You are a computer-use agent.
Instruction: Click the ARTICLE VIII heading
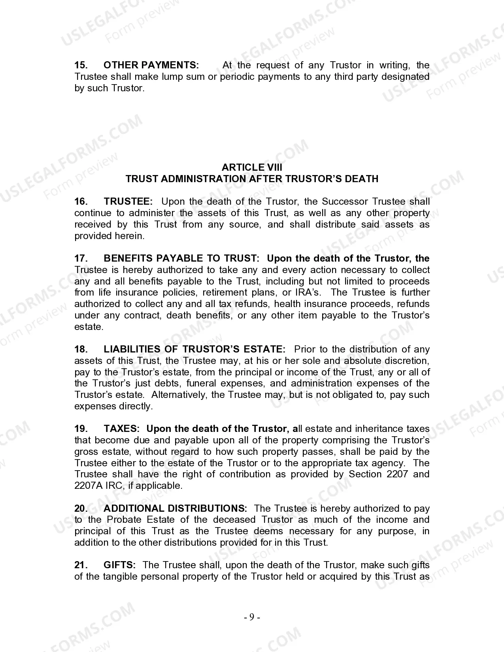click(252, 168)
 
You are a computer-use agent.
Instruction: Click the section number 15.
click(81, 65)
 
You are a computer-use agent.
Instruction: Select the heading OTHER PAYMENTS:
click(151, 65)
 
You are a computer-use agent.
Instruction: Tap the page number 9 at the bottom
click(252, 617)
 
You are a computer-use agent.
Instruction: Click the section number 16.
click(81, 202)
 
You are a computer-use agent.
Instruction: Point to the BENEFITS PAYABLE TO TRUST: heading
click(181, 258)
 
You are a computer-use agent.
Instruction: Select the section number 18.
click(81, 349)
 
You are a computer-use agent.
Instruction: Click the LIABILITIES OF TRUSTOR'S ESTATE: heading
click(194, 349)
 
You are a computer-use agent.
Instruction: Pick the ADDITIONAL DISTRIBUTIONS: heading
click(175, 509)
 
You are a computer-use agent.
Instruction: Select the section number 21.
click(81, 565)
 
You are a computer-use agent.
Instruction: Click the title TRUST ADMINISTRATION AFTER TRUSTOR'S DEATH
click(252, 179)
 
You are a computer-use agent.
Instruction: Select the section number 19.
click(81, 429)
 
